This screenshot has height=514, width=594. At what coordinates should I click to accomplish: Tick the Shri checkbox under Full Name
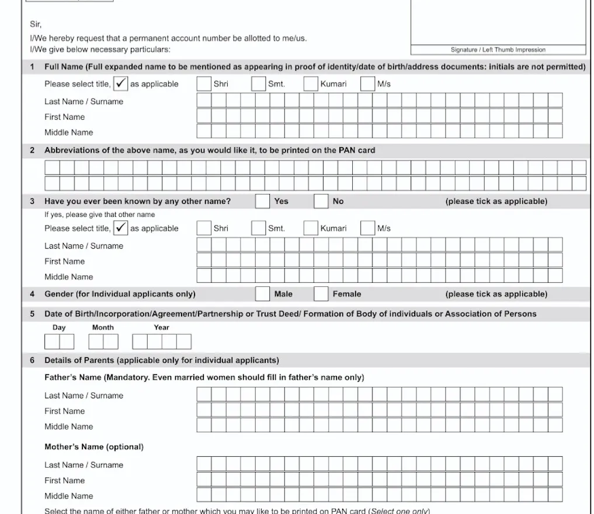(204, 84)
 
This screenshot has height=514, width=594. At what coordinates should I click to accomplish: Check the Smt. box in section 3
(258, 228)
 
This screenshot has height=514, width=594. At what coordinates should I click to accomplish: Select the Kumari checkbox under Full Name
(311, 84)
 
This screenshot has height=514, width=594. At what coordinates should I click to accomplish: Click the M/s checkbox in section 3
(367, 228)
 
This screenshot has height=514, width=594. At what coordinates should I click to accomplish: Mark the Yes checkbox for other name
(262, 201)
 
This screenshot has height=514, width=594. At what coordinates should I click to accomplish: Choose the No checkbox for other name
(321, 201)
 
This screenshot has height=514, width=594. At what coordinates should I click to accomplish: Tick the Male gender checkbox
(263, 294)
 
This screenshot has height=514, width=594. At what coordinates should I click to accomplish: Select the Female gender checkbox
(321, 294)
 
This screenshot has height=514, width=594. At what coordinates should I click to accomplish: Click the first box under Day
(52, 342)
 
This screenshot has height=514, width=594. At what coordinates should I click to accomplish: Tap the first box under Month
(96, 342)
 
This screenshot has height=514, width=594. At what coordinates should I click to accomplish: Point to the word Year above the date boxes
(162, 328)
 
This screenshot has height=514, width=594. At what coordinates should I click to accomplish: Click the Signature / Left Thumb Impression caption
(498, 50)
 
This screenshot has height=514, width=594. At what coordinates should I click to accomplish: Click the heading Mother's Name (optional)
(94, 447)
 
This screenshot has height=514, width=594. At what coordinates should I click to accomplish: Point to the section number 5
(33, 314)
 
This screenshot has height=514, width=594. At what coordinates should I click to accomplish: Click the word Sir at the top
(36, 25)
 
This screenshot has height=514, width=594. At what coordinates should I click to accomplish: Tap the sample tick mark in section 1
(120, 84)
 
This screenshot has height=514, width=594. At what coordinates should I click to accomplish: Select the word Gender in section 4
(59, 294)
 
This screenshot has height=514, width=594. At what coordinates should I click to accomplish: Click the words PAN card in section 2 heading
(357, 150)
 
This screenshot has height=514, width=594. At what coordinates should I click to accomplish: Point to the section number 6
(33, 360)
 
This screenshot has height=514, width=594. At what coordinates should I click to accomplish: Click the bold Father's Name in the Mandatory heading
(73, 377)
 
